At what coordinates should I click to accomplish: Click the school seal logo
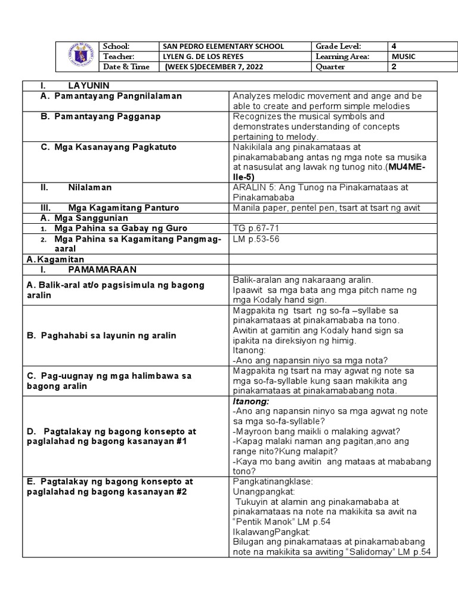click(x=79, y=57)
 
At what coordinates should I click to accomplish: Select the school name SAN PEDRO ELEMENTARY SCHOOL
click(x=223, y=47)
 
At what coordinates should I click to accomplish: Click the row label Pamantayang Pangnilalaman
click(x=117, y=96)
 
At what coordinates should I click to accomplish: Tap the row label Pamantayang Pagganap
click(x=107, y=116)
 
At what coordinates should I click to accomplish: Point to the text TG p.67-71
click(x=253, y=229)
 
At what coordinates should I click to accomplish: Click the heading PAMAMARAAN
click(x=102, y=270)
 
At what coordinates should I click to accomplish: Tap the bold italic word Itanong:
click(x=251, y=402)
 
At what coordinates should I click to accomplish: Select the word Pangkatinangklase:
click(x=269, y=481)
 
